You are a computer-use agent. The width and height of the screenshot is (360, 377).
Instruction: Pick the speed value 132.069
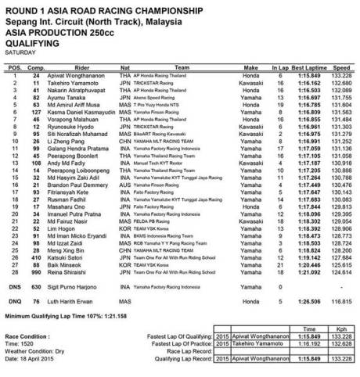pos(343,90)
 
